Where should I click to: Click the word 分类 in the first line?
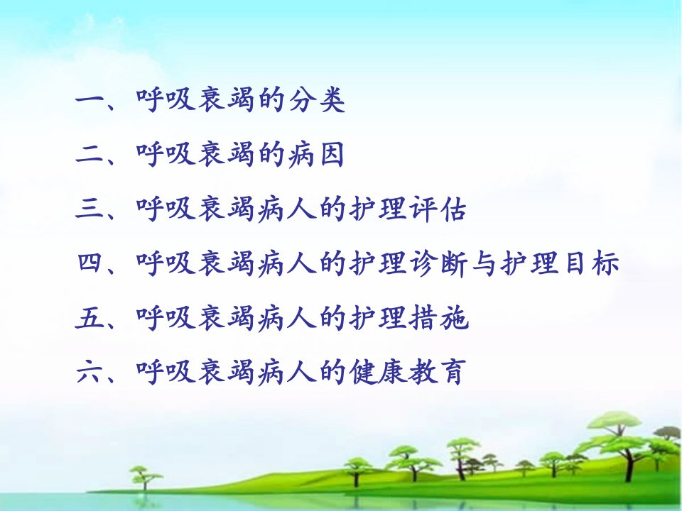318,100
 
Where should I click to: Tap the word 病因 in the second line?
316,154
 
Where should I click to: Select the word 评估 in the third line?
438,209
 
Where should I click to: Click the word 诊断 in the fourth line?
438,263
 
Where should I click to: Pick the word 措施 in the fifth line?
438,318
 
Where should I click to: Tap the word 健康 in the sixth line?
377,372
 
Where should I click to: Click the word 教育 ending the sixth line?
437,372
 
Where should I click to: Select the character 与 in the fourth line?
484,263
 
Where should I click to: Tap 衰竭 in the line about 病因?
226,154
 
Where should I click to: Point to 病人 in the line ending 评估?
286,209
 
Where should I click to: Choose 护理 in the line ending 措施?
377,318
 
